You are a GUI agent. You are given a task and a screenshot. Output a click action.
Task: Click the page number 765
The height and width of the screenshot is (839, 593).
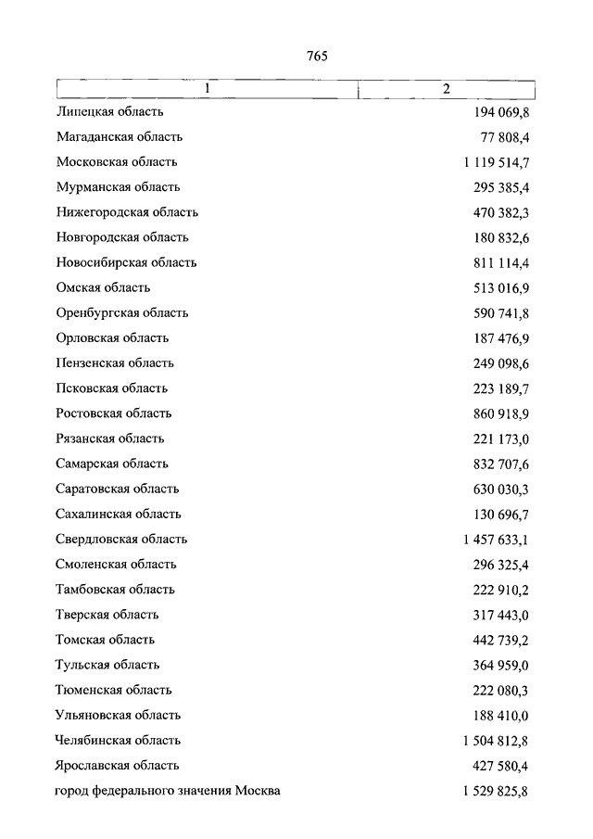pos(317,56)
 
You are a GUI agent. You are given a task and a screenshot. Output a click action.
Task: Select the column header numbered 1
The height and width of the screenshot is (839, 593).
pos(208,89)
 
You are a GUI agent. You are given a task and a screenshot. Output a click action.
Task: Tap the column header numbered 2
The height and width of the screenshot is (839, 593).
pos(447,89)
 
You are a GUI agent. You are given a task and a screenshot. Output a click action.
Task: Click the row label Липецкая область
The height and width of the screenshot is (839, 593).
pos(109,112)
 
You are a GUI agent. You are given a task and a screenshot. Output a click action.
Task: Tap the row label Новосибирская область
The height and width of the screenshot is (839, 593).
pos(126,262)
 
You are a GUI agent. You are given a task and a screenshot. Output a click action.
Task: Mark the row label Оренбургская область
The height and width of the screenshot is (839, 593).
pos(122,312)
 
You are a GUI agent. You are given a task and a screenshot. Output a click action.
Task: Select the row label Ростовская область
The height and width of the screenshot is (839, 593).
pos(113,413)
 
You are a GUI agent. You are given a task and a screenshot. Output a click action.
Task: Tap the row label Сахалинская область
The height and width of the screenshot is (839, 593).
pos(118,514)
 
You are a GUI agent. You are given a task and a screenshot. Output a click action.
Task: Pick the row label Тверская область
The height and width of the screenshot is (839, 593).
pos(107,615)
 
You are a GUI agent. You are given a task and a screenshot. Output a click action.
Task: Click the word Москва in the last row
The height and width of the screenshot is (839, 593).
pos(258,791)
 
